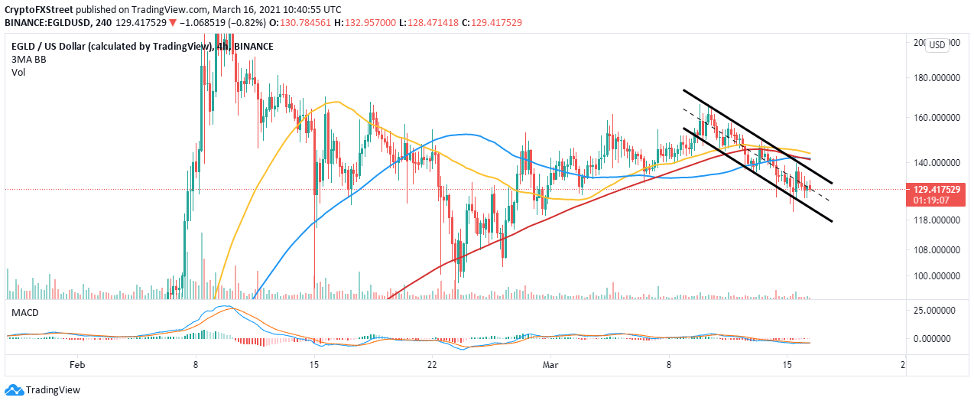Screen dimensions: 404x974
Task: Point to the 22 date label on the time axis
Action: click(x=432, y=366)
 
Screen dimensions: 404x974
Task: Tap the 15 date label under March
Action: click(x=787, y=366)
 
